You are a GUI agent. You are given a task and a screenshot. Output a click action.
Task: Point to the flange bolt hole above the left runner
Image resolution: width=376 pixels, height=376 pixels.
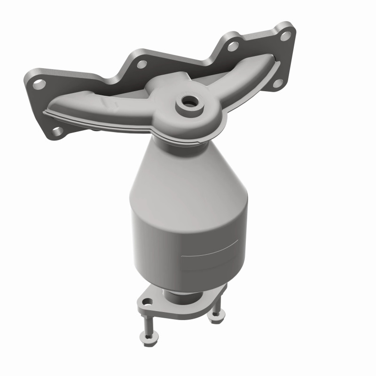tap(140, 62)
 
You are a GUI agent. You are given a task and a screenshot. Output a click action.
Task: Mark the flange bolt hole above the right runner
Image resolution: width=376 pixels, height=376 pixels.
tap(232, 46)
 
